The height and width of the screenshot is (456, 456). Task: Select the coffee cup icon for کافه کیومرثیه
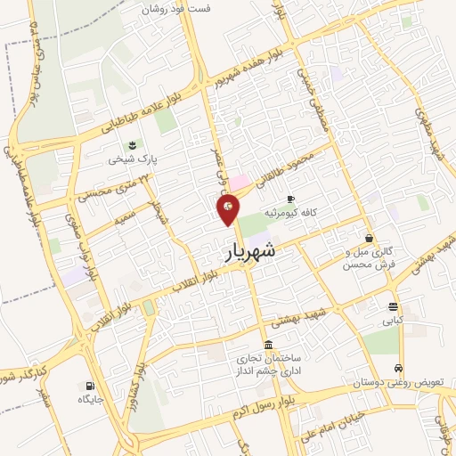click(x=290, y=199)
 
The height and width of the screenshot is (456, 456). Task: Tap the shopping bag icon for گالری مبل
click(x=369, y=238)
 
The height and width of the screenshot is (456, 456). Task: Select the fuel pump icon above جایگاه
click(x=90, y=386)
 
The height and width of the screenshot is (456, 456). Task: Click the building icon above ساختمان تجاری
click(x=268, y=345)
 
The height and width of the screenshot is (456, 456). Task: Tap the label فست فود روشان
click(x=186, y=8)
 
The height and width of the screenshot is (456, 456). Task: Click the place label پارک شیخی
click(x=126, y=160)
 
